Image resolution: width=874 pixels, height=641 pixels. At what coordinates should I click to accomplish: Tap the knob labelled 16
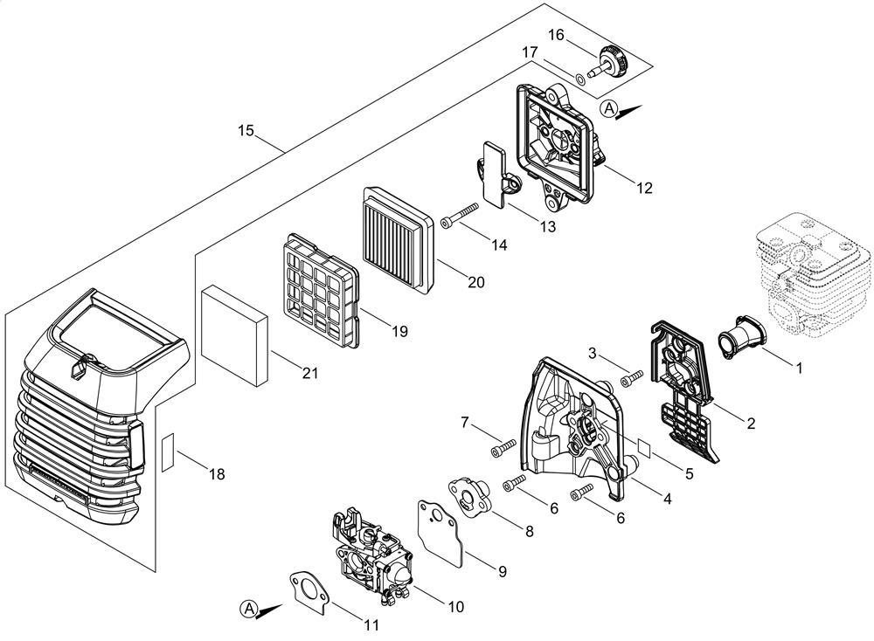[x=614, y=59]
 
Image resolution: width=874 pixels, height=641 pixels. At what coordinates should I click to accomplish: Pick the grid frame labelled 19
[x=320, y=286]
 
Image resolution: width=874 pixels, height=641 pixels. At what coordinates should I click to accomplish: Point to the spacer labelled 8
[x=472, y=493]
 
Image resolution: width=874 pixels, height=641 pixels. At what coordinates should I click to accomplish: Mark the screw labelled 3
[x=631, y=379]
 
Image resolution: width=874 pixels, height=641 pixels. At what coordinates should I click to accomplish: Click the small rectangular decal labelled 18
[x=170, y=447]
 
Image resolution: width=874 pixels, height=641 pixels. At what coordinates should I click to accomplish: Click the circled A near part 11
[x=249, y=608]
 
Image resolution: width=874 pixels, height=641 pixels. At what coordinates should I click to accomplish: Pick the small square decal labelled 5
[x=646, y=445]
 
